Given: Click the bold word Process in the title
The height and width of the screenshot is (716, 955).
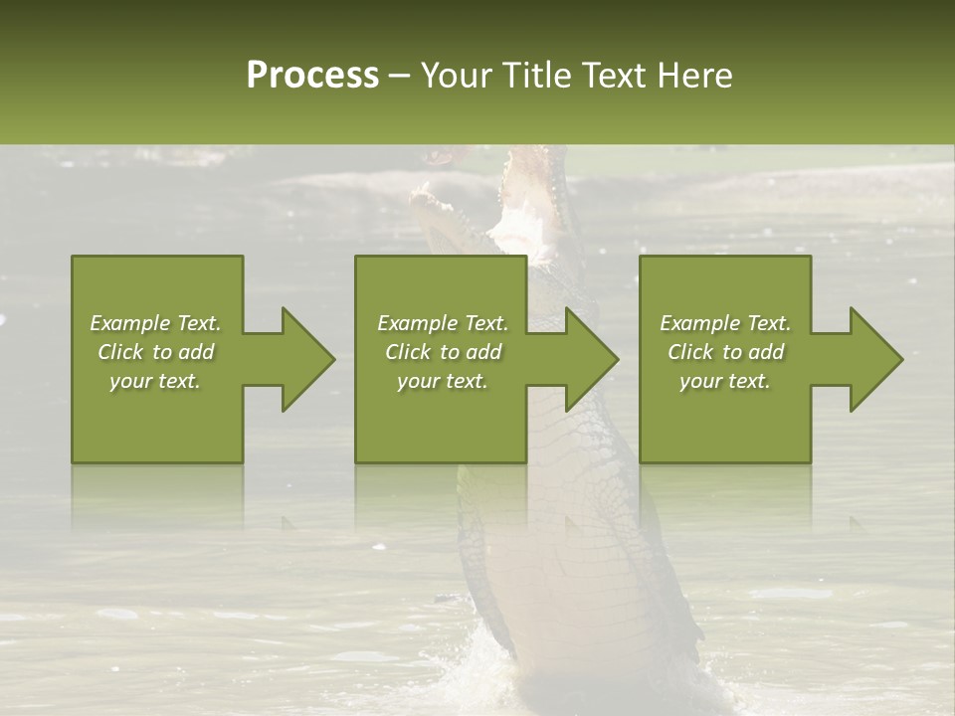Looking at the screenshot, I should tap(312, 76).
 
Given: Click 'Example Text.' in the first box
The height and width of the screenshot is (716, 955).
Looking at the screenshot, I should tap(155, 323).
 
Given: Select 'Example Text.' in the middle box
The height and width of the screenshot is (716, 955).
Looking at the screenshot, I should tap(442, 323).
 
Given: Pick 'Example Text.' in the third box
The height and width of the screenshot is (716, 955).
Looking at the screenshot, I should tap(725, 323).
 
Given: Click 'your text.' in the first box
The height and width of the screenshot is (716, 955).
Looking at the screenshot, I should tap(155, 381).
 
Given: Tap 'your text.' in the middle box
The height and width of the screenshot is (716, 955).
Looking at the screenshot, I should tap(442, 381).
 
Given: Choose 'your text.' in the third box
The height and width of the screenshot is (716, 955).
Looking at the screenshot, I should tap(725, 381).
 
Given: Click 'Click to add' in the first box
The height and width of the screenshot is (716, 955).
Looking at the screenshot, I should tap(155, 352).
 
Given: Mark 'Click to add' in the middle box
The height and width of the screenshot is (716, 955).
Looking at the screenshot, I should tap(442, 352).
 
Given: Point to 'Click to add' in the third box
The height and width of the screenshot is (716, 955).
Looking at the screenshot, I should tap(725, 352).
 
